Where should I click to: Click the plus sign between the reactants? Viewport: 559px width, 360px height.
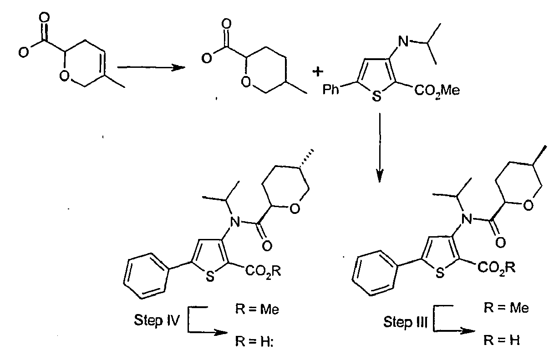318,72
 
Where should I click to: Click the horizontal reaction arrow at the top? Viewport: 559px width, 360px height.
151,67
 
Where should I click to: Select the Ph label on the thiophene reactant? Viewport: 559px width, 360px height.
331,89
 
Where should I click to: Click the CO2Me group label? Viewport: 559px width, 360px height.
437,90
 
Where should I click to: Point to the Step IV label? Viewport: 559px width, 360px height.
157,320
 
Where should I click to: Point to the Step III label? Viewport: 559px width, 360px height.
405,322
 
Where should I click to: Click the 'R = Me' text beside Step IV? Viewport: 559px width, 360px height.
257,309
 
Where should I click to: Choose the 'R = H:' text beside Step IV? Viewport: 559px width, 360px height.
254,341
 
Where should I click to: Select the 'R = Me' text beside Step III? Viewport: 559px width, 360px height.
506,308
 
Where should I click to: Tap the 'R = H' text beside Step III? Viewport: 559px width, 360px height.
502,340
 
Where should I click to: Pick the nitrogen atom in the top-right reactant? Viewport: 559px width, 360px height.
403,41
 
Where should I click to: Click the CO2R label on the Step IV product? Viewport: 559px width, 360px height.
263,271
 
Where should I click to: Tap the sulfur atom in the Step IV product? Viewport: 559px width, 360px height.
210,277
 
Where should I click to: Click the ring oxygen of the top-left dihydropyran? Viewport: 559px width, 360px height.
64,76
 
